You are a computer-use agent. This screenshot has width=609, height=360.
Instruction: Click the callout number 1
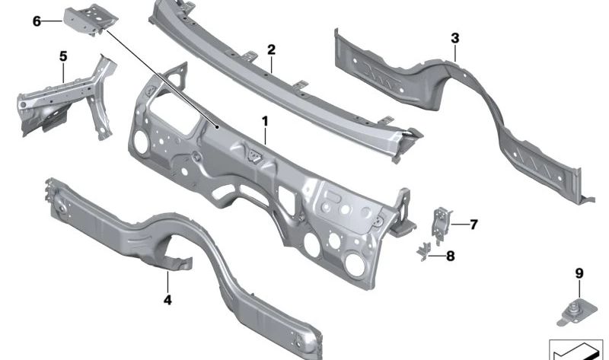(265, 121)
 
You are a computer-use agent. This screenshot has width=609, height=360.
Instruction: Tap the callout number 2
(271, 49)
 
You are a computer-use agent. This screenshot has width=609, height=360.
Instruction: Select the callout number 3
(454, 38)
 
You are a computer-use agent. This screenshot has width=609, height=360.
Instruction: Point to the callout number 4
(167, 300)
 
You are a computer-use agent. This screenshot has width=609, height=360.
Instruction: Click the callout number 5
(63, 56)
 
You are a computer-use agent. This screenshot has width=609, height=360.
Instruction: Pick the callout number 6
(37, 21)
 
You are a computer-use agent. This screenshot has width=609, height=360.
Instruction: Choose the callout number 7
(473, 225)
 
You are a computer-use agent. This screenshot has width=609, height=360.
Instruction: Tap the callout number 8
(450, 256)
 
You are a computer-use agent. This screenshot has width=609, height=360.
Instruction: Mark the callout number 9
(579, 273)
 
